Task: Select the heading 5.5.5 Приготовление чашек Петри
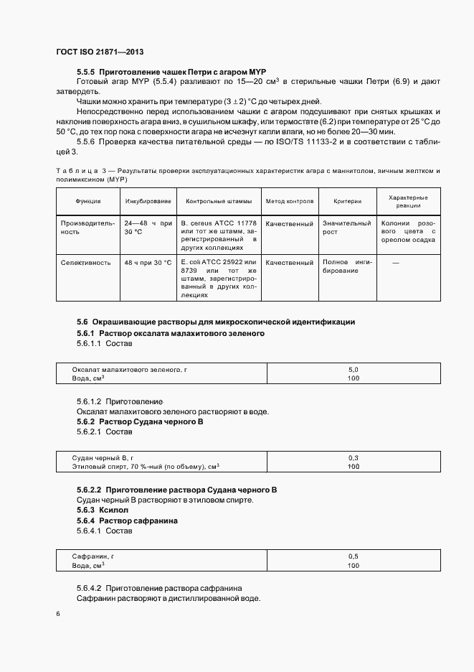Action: pos(171,73)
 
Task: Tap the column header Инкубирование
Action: pos(148,202)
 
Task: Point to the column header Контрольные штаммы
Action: pos(219,202)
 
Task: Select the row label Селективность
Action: pos(85,263)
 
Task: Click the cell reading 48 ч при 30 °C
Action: pos(148,263)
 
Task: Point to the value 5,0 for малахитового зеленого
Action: pos(352,369)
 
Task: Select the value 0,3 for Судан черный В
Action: pos(352,457)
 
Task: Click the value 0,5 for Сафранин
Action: pos(352,556)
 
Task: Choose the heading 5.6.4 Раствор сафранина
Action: pos(127,520)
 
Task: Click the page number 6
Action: pos(57,614)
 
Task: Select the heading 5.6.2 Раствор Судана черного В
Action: pos(140,421)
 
